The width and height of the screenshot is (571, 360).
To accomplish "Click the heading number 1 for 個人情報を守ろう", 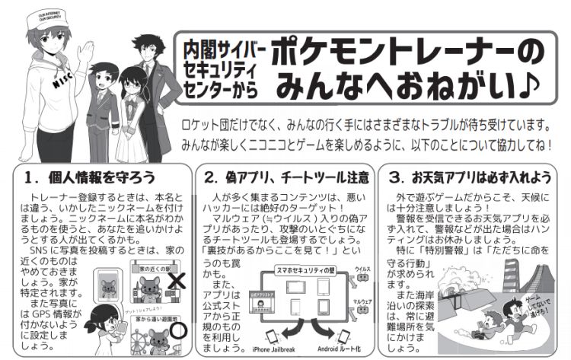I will click(x=30, y=179).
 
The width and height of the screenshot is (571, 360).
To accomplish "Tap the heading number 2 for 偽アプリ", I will click(x=212, y=179).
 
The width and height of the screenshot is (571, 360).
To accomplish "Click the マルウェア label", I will click(x=363, y=301).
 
